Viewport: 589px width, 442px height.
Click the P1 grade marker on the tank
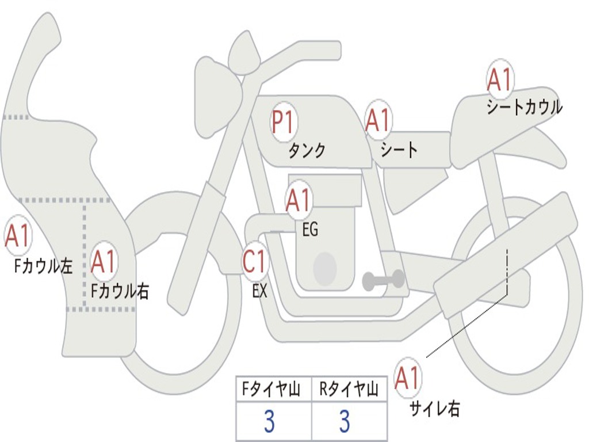pos(282,123)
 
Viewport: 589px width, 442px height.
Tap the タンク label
pos(307,151)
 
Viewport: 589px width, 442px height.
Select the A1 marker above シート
pos(378,120)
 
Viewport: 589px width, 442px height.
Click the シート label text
pos(399,150)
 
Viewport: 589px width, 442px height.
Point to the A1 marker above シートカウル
pos(499,80)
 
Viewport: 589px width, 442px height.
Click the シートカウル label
pos(524,108)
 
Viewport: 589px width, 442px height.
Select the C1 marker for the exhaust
pos(255,262)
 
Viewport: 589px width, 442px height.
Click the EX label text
pos(260,291)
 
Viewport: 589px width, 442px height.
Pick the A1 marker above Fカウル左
pos(17,236)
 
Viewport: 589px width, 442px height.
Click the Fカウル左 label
pos(43,266)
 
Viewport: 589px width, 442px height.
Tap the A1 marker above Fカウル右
pos(104,262)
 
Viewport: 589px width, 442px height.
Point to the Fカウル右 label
pos(120,291)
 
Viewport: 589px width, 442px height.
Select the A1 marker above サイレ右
pos(408,378)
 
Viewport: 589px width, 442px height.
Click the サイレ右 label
pos(434,409)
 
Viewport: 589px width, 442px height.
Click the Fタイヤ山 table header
pos(273,390)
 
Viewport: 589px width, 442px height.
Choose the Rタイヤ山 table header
pos(349,390)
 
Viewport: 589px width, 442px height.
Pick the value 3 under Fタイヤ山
pos(269,422)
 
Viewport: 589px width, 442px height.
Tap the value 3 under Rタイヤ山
pos(345,422)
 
